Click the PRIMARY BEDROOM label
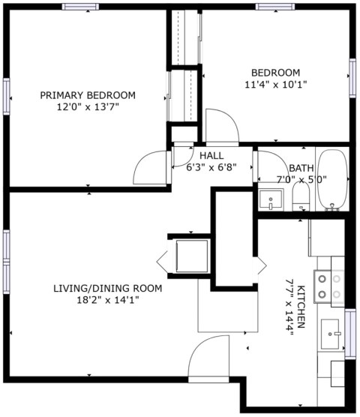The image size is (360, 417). tap(88, 95)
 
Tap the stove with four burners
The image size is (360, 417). tap(328, 285)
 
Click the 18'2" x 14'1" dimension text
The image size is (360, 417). tap(107, 300)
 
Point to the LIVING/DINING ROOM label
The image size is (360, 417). tap(107, 288)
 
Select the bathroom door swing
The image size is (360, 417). tap(267, 166)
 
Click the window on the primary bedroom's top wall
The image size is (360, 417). tap(81, 7)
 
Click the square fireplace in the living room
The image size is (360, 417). tap(190, 256)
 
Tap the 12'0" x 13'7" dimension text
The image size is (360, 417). tap(88, 107)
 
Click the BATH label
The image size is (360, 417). tap(301, 168)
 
